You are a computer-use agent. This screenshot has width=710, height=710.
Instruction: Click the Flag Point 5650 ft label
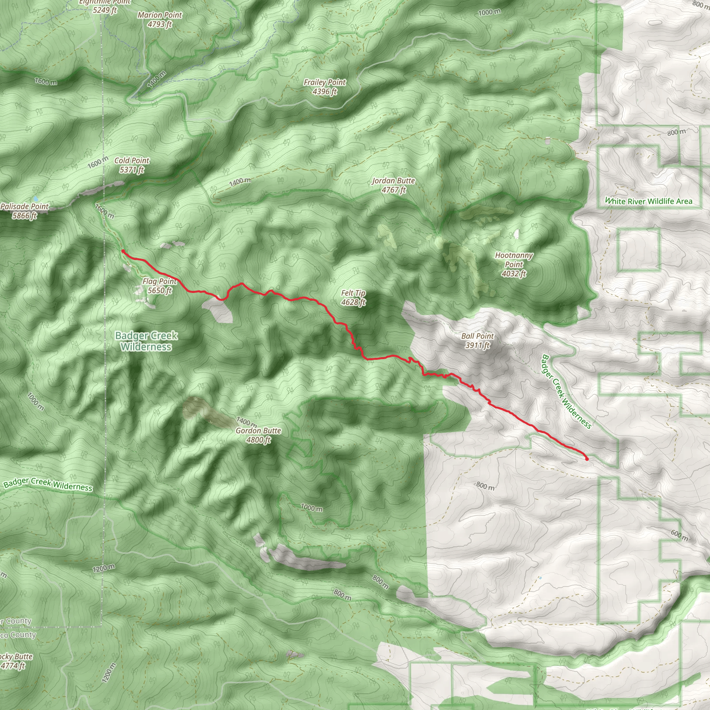[159, 286]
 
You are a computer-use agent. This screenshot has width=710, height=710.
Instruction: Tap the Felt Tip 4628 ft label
[353, 298]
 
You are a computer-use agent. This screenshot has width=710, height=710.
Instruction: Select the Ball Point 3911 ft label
[477, 341]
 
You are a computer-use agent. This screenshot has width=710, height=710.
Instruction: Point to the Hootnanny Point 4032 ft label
[514, 264]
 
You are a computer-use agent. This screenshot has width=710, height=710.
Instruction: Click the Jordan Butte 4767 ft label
[393, 185]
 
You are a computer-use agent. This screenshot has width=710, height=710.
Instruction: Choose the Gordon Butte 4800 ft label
[258, 435]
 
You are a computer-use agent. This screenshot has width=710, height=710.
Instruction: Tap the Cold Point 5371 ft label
[131, 165]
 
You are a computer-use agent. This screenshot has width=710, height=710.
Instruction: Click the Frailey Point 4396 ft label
[324, 87]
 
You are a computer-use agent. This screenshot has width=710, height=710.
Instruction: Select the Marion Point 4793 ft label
[160, 19]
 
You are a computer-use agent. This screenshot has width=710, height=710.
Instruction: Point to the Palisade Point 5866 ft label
[24, 211]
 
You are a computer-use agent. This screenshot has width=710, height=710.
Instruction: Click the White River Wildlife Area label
[649, 201]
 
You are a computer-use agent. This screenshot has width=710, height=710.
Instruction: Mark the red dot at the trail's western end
[123, 251]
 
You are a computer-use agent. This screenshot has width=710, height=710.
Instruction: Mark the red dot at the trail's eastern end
[587, 459]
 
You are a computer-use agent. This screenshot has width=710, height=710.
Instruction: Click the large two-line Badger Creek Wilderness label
[146, 341]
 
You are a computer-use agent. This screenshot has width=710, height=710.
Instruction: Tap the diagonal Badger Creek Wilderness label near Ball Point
[566, 392]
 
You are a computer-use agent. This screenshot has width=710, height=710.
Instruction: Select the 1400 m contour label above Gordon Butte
[246, 422]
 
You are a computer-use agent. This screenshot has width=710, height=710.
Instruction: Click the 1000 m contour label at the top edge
[489, 12]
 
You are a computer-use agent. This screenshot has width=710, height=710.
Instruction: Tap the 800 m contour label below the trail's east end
[485, 486]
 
